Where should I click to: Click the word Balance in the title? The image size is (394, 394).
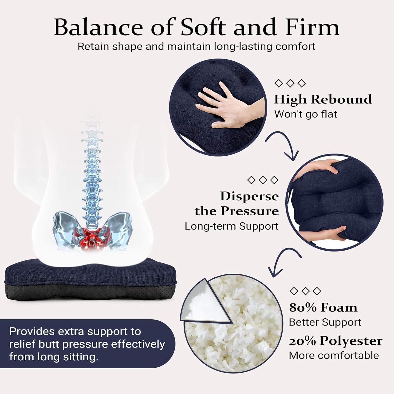tap(98, 27)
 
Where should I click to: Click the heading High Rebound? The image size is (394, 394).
tap(323, 99)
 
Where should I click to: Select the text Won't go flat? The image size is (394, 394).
tap(305, 114)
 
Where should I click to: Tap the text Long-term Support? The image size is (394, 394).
tap(231, 226)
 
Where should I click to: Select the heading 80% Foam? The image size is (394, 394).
tap(323, 307)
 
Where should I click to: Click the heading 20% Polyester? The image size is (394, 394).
tap(336, 341)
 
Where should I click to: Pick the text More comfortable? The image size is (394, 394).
tap(334, 355)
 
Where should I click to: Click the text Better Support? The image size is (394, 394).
tap(325, 322)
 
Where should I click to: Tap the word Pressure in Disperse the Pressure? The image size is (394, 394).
tap(250, 211)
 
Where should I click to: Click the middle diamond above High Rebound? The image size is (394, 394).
tap(290, 83)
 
